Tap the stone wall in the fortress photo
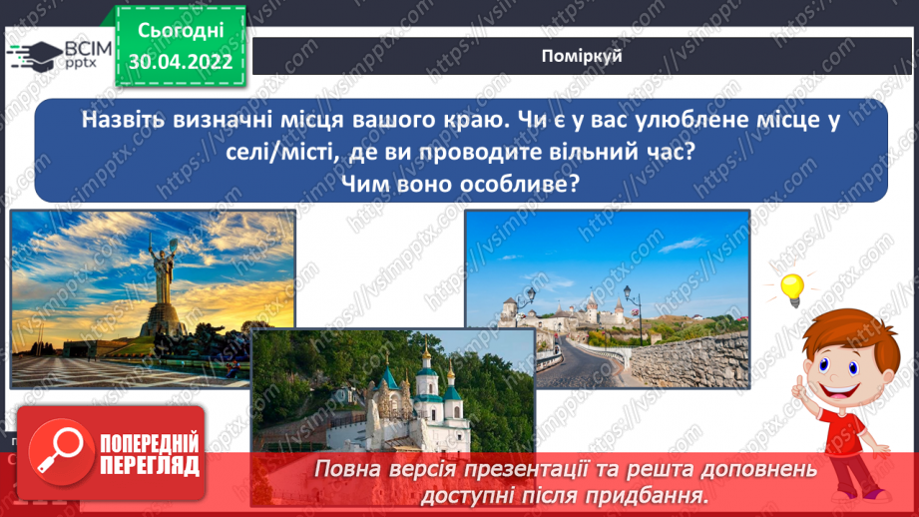(698, 359)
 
